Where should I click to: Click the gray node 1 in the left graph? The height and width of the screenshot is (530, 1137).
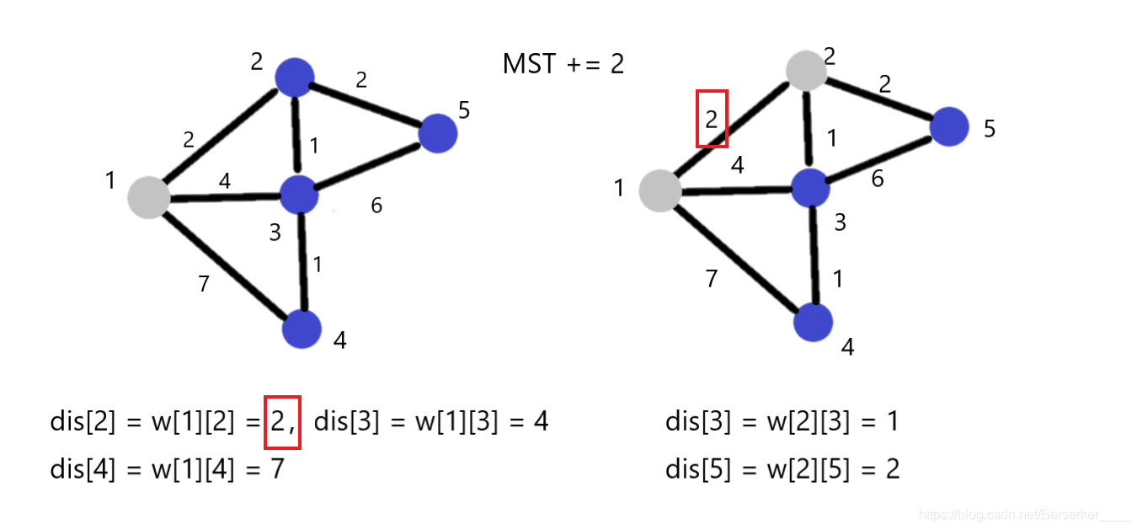148,197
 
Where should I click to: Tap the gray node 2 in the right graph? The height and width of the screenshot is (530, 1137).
807,71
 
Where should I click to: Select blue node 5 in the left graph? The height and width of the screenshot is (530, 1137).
437,133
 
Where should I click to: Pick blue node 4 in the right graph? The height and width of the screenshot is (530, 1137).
813,322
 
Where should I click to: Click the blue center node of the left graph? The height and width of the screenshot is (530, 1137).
299,195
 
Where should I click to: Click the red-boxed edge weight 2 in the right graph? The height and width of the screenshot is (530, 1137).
712,119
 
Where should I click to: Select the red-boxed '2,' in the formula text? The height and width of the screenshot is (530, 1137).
282,420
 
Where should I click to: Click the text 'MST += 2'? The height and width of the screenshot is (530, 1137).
563,64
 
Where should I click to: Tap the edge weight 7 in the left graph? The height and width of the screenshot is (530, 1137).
204,284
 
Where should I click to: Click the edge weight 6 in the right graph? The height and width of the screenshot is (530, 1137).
878,179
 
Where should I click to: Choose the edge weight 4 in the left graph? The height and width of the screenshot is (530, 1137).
225,180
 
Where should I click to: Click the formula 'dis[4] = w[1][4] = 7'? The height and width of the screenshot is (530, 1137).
167,468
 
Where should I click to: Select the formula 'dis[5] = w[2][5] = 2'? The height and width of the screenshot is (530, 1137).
782,468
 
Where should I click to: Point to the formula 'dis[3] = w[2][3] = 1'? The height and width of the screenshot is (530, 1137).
782,420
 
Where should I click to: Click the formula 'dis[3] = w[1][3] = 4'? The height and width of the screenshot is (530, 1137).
431,420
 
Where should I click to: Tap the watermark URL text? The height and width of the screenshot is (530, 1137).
1022,514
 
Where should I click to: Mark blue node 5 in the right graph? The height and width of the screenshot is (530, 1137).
949,126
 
